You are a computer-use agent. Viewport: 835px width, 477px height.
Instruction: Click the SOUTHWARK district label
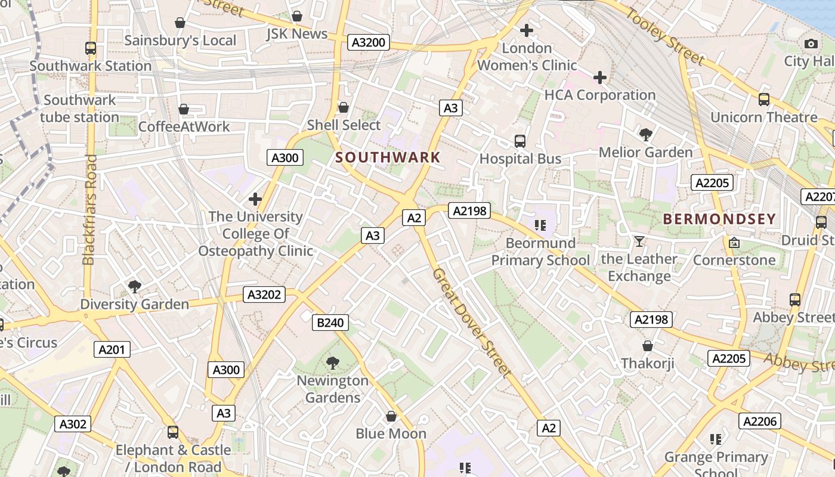388,158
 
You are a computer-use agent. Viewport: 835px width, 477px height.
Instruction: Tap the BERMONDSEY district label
719,219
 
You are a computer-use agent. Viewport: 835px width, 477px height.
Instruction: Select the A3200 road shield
369,42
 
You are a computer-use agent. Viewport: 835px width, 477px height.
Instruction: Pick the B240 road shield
330,323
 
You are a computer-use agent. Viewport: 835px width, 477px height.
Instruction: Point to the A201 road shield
112,349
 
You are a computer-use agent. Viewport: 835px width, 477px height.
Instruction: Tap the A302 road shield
73,424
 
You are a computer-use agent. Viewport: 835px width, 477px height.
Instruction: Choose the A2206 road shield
760,422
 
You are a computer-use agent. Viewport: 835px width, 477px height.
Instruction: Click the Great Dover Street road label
471,323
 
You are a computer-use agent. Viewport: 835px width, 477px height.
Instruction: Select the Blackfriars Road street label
89,209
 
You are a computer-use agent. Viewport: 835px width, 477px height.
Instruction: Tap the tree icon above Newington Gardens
333,362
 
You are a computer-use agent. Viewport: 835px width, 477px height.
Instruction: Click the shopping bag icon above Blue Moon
391,416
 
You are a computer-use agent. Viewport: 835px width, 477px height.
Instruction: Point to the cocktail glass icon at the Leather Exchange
639,241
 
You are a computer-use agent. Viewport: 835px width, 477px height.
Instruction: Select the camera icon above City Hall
811,44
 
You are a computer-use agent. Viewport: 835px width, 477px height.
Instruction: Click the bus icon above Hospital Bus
520,141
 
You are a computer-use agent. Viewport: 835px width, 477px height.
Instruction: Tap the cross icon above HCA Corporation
600,78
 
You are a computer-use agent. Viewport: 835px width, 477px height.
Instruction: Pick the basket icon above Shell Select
344,107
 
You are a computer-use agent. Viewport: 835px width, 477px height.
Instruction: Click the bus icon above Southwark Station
91,48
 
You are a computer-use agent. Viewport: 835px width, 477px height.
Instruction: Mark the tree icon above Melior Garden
645,134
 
